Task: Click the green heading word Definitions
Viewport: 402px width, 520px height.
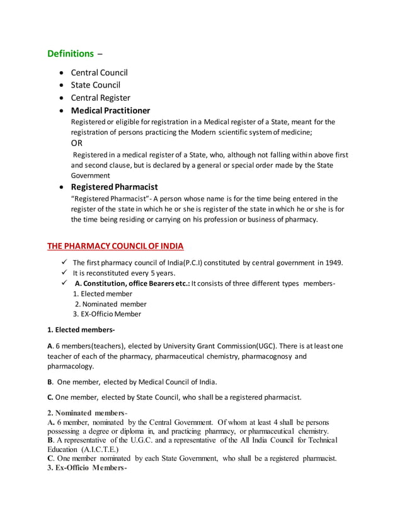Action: [x=71, y=54]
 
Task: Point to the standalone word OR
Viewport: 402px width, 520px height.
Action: [x=77, y=144]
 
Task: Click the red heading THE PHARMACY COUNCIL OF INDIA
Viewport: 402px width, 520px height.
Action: [x=116, y=245]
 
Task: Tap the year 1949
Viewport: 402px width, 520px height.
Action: [x=332, y=263]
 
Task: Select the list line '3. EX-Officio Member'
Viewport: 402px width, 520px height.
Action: [x=107, y=314]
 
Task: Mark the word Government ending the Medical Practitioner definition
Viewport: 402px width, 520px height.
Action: [x=89, y=176]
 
